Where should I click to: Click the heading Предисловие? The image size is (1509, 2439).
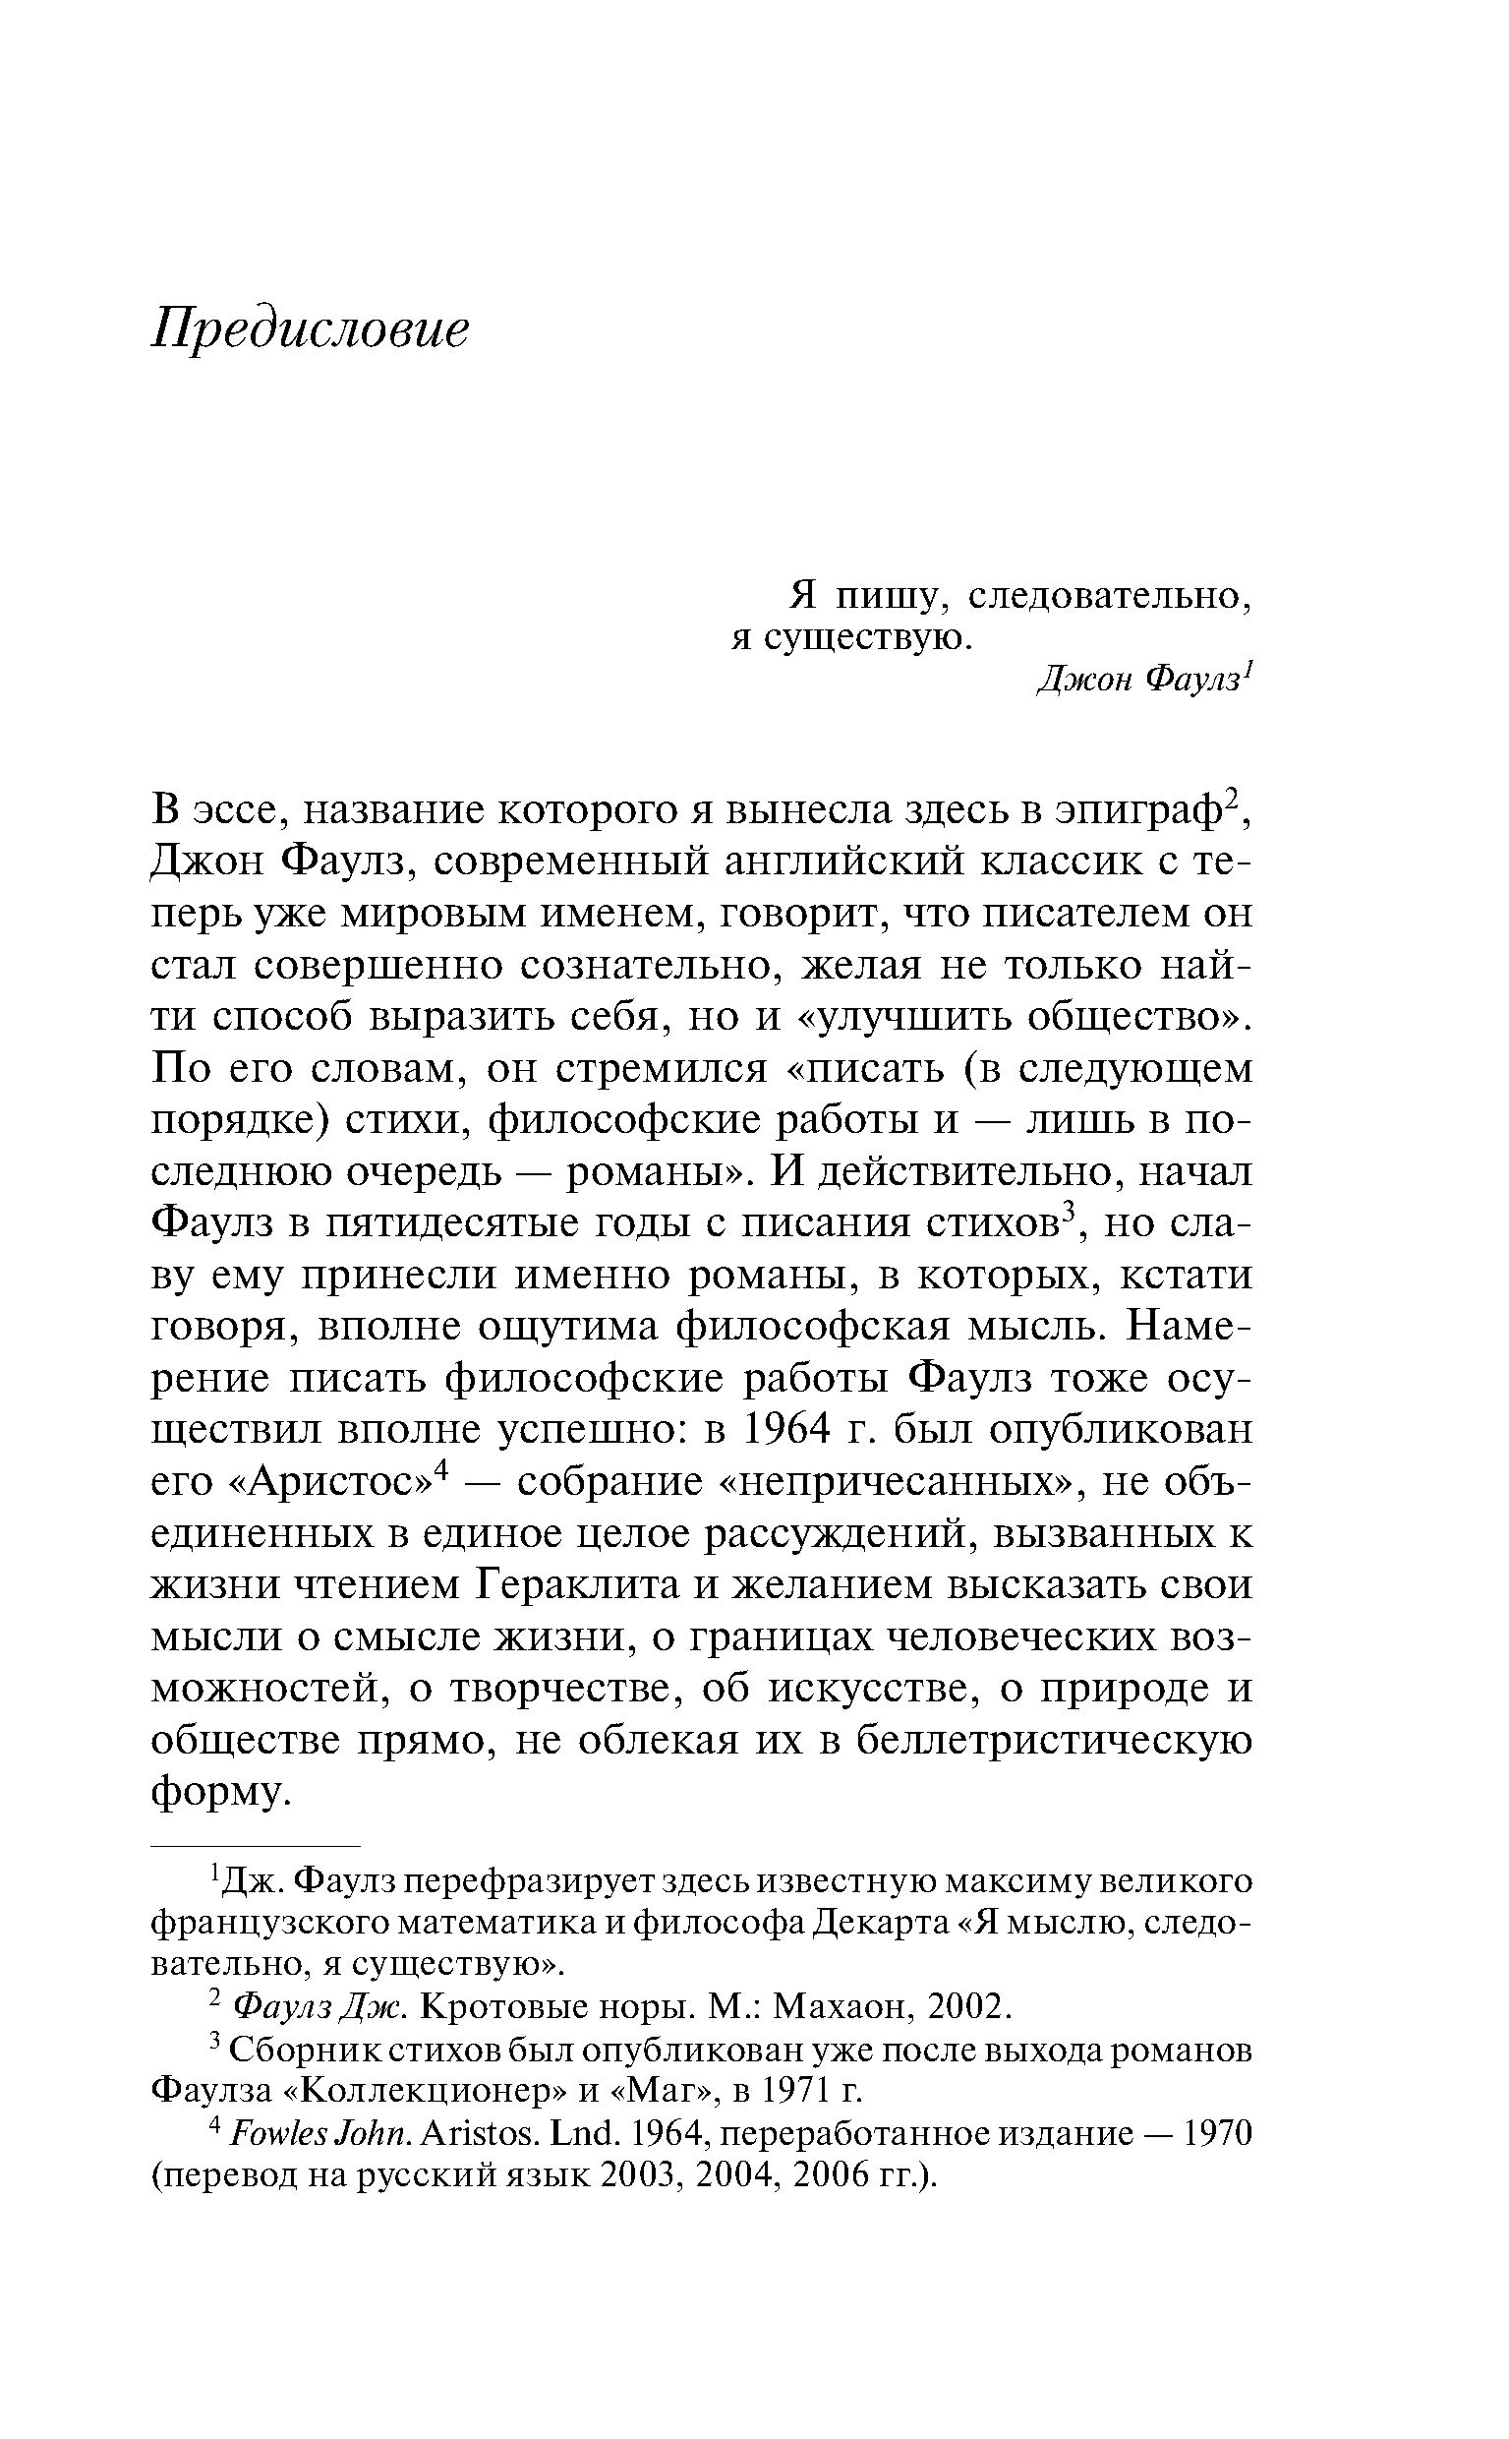(310, 329)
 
